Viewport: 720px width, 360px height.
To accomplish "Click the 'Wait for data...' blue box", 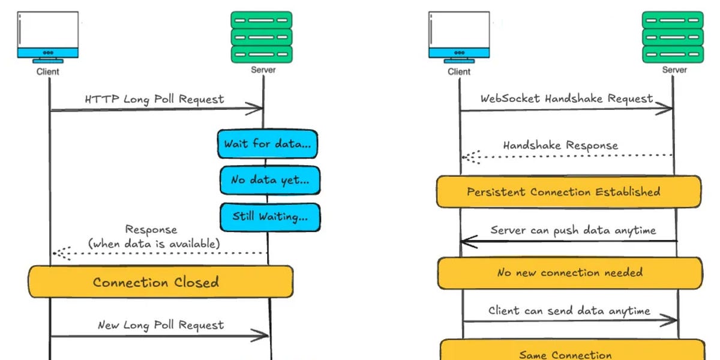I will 267,144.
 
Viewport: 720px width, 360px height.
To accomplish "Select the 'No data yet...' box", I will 269,180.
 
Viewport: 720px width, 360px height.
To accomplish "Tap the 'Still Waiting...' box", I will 269,217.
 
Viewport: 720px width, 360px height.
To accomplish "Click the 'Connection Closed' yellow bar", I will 160,282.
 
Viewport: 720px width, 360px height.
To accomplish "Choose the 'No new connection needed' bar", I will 569,273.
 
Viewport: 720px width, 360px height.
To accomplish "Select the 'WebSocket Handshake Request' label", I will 566,98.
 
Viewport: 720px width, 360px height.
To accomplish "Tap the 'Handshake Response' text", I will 560,145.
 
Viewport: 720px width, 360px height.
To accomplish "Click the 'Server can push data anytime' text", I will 573,230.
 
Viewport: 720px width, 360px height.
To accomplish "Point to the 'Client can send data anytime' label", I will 569,311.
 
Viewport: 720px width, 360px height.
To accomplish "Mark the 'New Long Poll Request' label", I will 161,325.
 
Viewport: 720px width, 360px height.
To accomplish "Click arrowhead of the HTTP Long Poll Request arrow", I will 258,109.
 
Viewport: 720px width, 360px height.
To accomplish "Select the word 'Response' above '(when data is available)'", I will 151,230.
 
